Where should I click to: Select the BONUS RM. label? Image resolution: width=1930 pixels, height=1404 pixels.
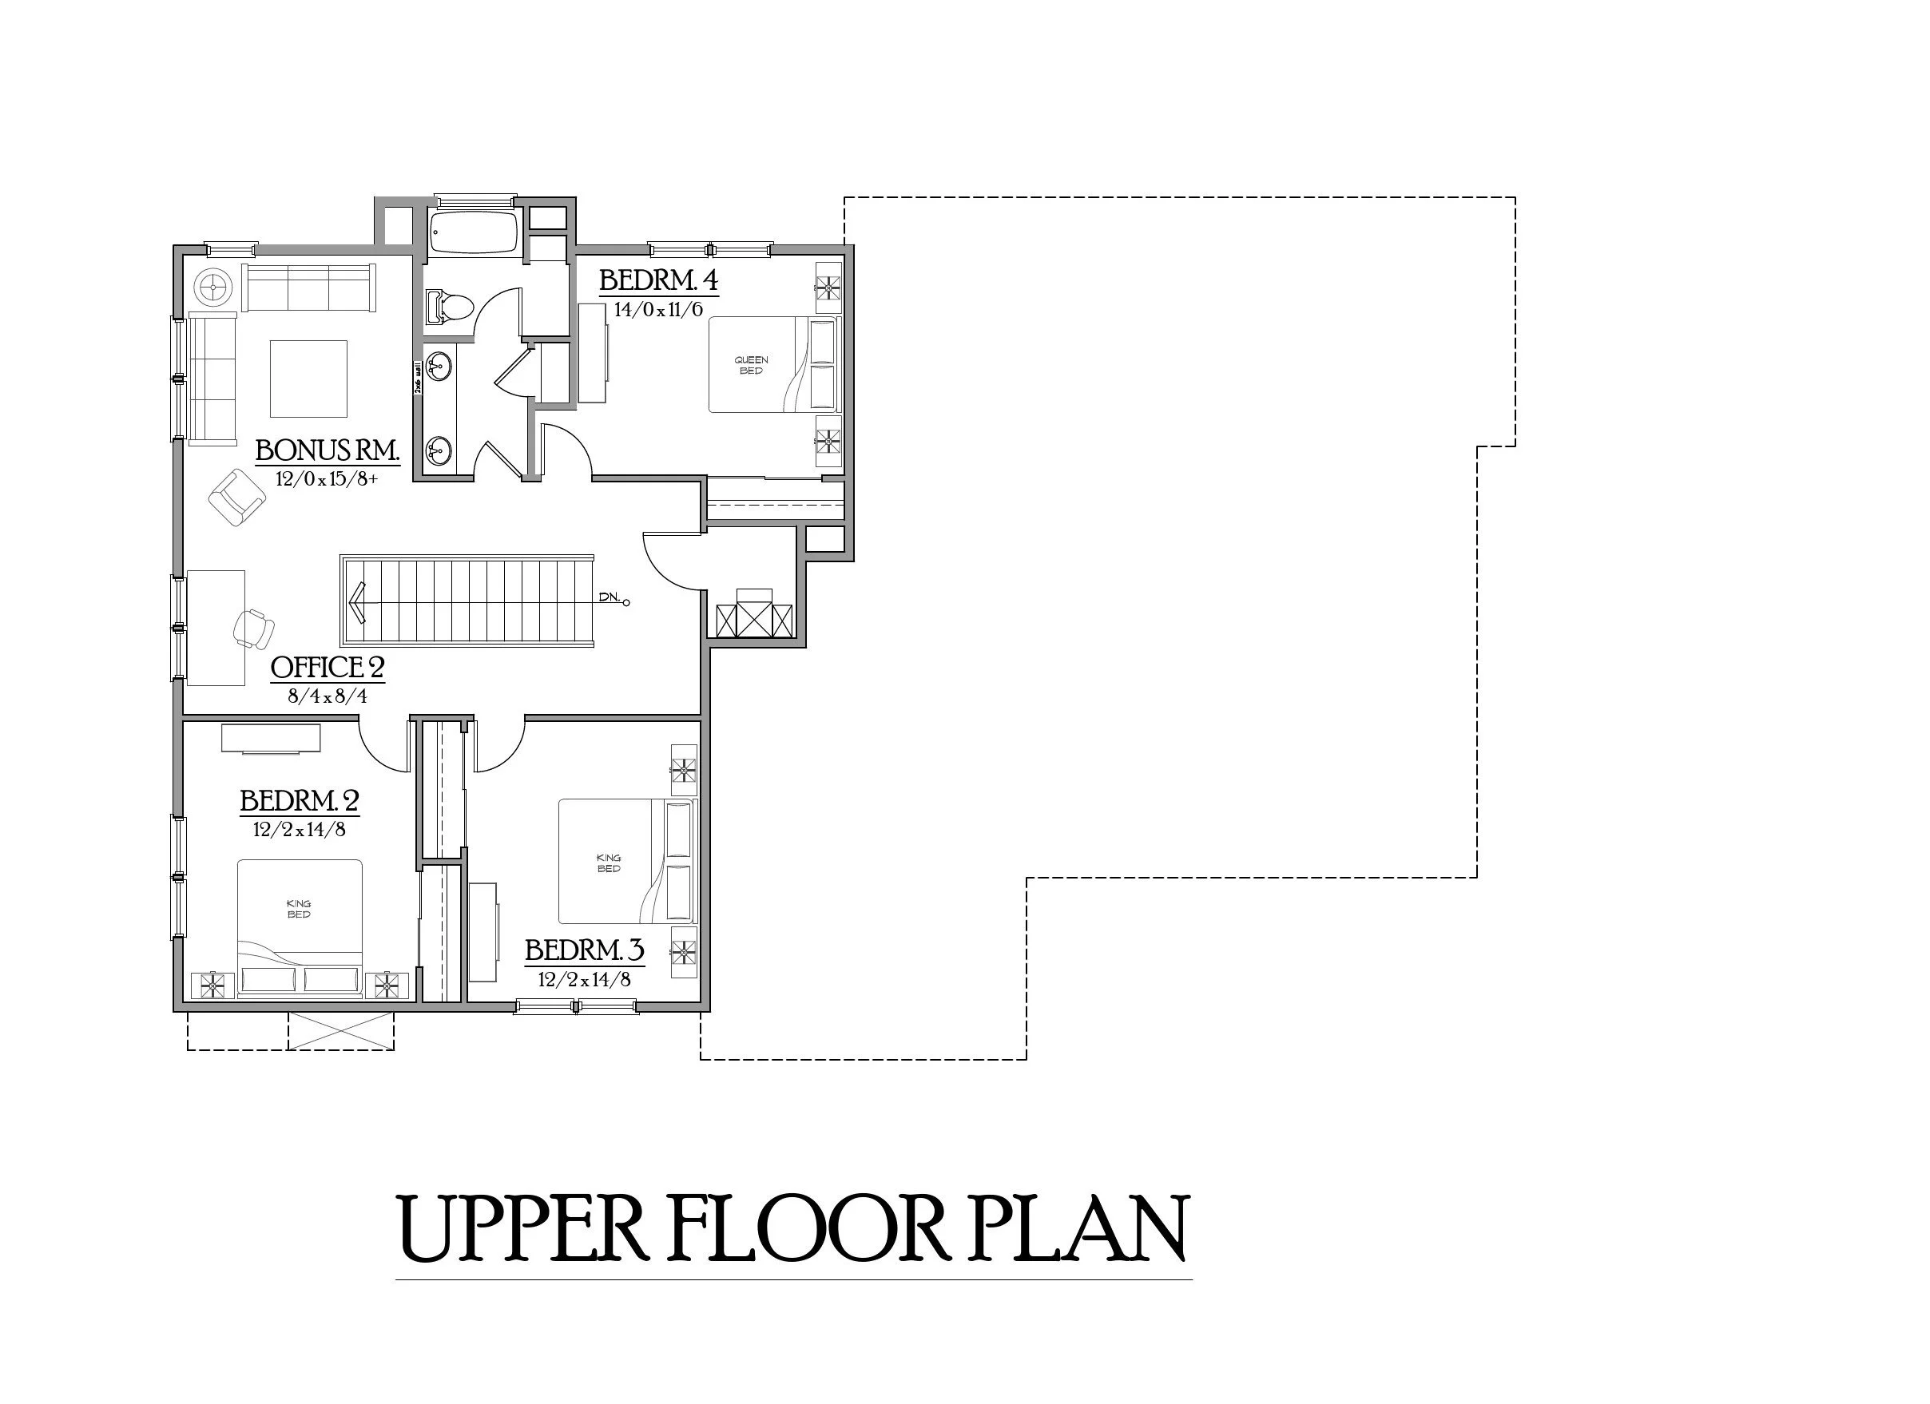pos(328,450)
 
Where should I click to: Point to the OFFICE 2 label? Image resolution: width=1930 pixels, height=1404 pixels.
pos(328,668)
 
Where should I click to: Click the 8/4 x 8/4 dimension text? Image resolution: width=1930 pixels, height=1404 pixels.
pos(328,696)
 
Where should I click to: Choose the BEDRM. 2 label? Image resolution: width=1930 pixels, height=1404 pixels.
pos(299,801)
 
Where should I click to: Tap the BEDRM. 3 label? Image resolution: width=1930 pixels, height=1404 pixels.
pos(584,950)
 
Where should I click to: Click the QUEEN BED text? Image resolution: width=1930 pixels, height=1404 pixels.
pos(751,366)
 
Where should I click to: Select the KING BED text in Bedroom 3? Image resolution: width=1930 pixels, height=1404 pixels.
pos(609,863)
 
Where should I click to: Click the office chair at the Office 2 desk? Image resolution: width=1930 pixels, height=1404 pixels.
pos(253,628)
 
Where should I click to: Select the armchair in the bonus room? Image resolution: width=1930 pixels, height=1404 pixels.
pos(236,497)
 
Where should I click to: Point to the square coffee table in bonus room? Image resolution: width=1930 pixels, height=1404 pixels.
pos(308,379)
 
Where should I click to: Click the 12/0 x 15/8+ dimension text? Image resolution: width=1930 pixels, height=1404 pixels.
pos(326,479)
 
